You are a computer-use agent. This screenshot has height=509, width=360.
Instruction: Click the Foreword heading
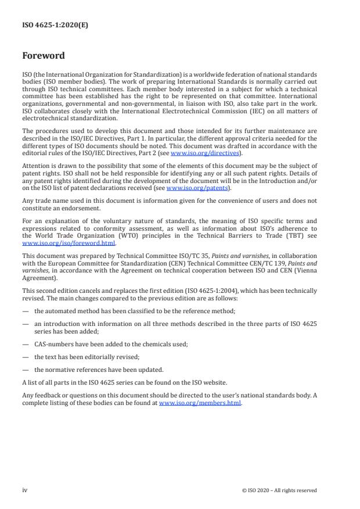click(44, 56)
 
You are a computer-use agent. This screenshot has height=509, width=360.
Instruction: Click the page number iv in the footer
click(25, 490)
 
